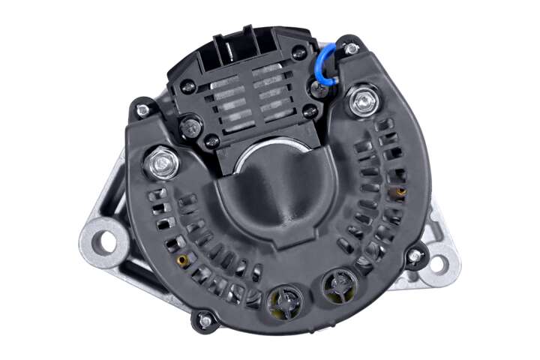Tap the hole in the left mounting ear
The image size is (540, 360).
(x=105, y=242)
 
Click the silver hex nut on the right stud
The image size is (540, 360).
(x=365, y=99)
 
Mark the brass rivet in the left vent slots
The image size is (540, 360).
(x=181, y=260)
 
